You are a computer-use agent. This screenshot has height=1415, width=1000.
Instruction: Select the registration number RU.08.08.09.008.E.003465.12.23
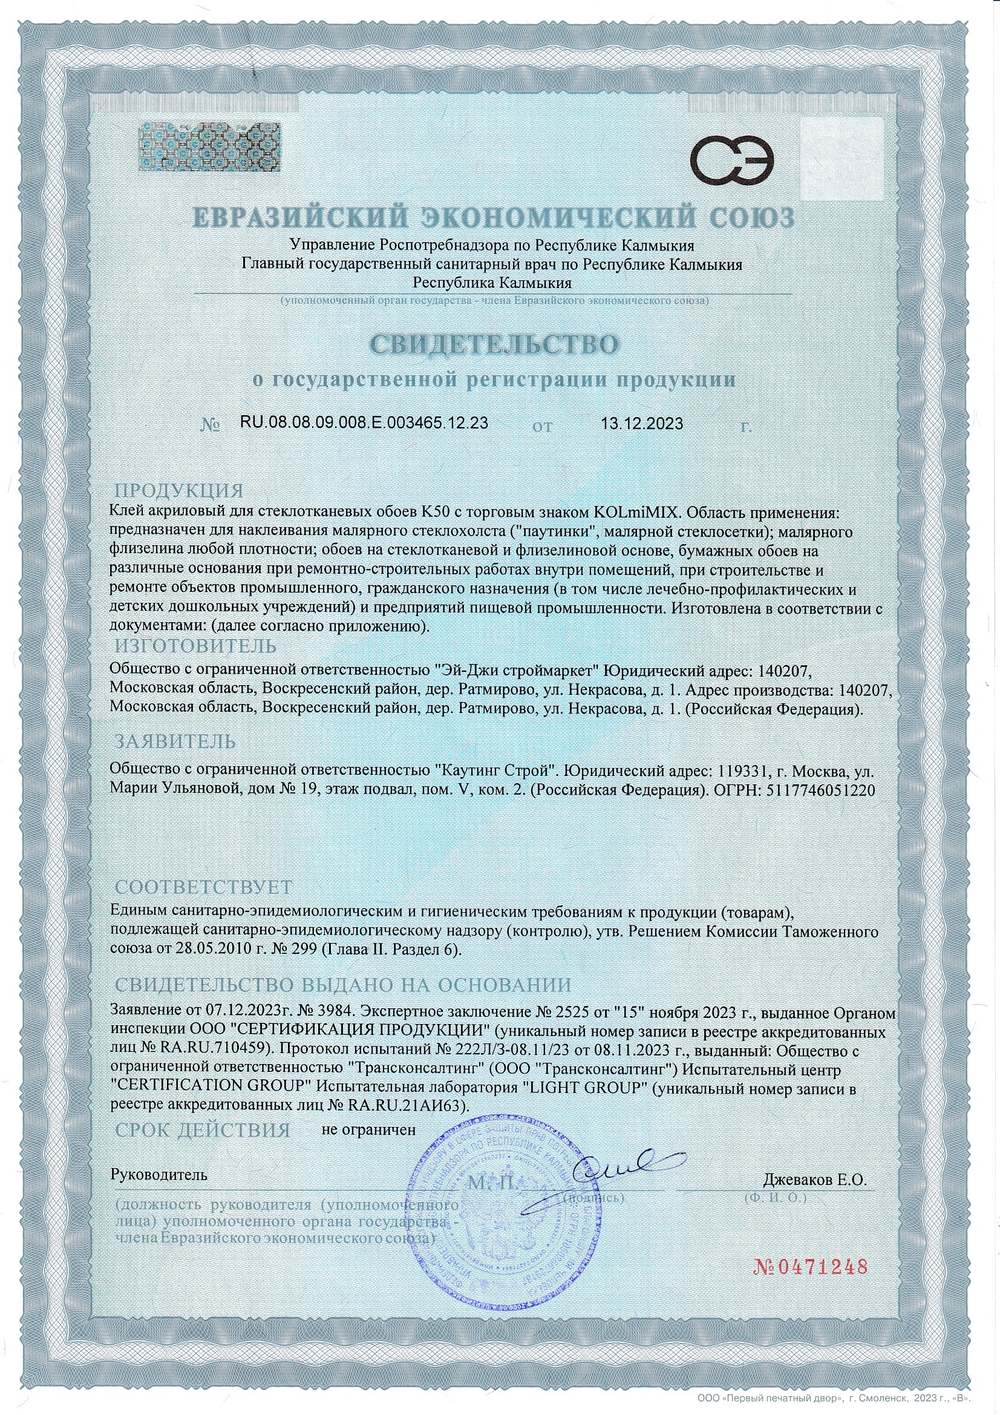pyautogui.click(x=364, y=424)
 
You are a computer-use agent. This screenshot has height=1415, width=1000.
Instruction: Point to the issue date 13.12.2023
pyautogui.click(x=642, y=424)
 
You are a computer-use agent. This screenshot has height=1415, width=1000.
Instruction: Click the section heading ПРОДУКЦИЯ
pyautogui.click(x=179, y=491)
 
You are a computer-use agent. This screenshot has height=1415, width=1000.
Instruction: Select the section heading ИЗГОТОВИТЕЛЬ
pyautogui.click(x=196, y=646)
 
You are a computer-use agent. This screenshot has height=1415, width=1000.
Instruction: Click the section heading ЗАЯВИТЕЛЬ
pyautogui.click(x=175, y=741)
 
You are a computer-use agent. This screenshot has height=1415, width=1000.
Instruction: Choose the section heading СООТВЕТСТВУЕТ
pyautogui.click(x=204, y=887)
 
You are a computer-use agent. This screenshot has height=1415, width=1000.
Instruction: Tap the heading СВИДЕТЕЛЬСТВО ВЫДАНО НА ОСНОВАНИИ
pyautogui.click(x=344, y=984)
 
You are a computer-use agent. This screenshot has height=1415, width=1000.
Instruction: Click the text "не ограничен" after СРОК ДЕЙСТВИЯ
pyautogui.click(x=369, y=1130)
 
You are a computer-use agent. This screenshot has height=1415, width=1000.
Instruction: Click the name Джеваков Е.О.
pyautogui.click(x=815, y=1180)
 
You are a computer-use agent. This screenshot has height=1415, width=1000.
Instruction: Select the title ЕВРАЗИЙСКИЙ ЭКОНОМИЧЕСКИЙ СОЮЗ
pyautogui.click(x=494, y=218)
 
